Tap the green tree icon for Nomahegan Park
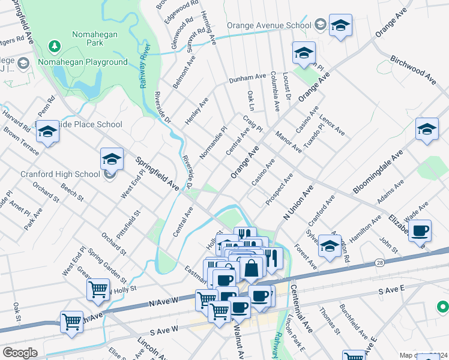pos(55,46)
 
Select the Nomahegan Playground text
pos(83,62)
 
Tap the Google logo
pos(20,353)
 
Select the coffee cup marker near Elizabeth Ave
pos(420,231)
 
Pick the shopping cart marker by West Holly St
pos(98,290)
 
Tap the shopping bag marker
pos(251,268)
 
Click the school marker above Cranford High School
pos(112,160)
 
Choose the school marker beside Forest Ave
pos(330,246)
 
